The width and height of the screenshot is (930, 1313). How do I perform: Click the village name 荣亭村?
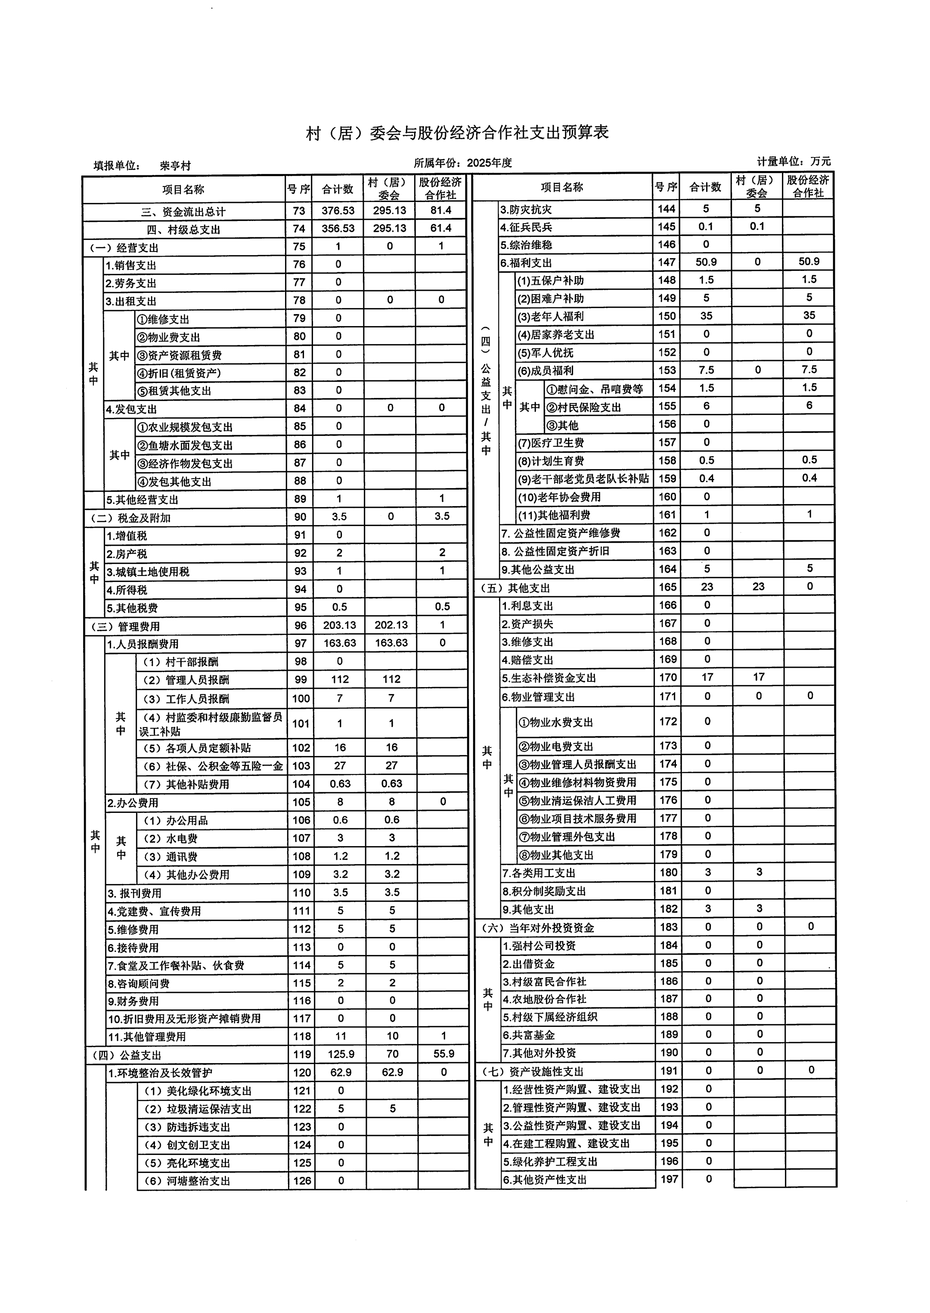coord(175,166)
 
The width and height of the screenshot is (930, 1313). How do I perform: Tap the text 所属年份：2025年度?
coord(463,163)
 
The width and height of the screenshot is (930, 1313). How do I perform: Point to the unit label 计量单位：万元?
coord(793,162)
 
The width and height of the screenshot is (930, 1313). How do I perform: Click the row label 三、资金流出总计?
coord(183,212)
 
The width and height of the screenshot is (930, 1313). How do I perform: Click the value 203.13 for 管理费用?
coord(340,625)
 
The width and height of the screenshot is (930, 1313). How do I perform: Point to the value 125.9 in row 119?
coord(341,1054)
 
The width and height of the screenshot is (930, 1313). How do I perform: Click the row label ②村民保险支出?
coord(583,408)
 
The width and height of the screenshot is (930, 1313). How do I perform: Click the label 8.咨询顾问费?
coord(139,983)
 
